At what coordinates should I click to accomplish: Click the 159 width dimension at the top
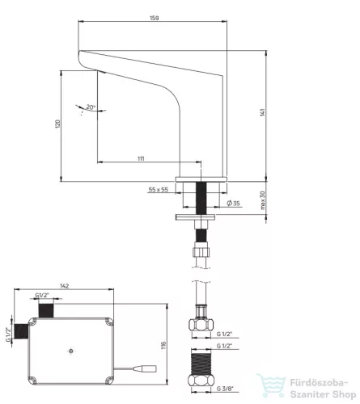tap(155, 18)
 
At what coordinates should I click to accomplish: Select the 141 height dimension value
tap(263, 112)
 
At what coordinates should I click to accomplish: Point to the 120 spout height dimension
tap(57, 124)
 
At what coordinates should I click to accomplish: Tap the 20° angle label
tap(91, 107)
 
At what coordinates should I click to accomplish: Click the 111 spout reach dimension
tap(141, 158)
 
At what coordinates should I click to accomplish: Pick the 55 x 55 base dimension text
tap(159, 190)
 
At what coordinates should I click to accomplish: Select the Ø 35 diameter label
tap(233, 203)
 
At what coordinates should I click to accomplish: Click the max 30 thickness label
tap(263, 200)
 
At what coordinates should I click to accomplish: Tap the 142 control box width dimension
tap(64, 286)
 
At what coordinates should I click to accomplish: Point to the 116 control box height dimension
tap(163, 346)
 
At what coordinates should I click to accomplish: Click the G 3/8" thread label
tap(224, 389)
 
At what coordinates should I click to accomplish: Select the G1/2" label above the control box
tap(42, 295)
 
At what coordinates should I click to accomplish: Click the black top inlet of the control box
tap(46, 310)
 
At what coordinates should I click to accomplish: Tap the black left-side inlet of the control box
tap(21, 331)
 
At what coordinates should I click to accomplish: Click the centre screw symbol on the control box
tap(70, 351)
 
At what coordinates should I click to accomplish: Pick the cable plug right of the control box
tap(145, 368)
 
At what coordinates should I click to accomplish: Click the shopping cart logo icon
tap(271, 385)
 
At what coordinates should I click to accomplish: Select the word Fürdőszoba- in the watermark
tap(319, 383)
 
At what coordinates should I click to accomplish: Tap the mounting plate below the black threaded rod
tap(195, 217)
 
